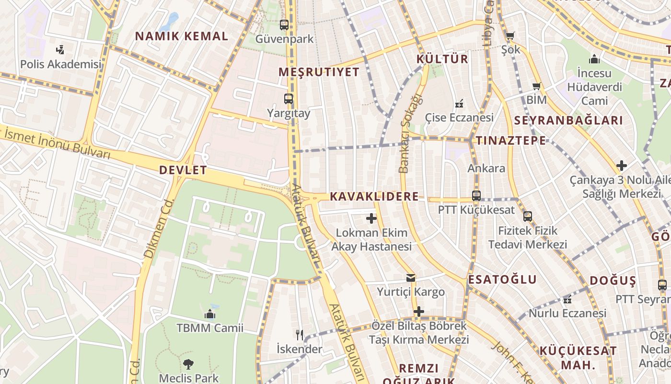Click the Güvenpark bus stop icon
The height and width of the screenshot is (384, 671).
[x=284, y=24]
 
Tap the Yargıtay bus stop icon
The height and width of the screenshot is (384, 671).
[x=288, y=99]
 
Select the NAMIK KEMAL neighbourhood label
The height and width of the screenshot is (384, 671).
[x=181, y=36]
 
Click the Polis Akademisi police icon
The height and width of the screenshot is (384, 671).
[x=60, y=49]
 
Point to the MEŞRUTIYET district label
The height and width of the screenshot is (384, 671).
[x=319, y=72]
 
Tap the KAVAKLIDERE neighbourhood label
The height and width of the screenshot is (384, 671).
[x=374, y=196]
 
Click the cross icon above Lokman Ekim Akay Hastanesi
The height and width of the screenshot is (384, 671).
[x=371, y=218]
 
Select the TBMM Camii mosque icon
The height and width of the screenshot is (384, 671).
[x=209, y=314]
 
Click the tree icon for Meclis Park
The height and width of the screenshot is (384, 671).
[x=188, y=364]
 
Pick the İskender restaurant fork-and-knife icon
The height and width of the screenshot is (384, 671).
[x=300, y=335]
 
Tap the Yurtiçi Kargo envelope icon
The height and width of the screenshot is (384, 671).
[x=410, y=277]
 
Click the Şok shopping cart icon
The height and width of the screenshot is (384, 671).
[x=510, y=36]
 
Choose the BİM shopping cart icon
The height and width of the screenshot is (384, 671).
[x=537, y=86]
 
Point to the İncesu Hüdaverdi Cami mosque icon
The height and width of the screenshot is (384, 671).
[x=594, y=59]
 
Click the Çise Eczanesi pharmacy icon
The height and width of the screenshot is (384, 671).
[x=459, y=103]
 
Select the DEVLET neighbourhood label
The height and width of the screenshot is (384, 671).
[x=183, y=170]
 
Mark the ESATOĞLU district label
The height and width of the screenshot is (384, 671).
[x=502, y=279]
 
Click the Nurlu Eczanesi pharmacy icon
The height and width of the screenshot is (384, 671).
[x=567, y=300]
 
